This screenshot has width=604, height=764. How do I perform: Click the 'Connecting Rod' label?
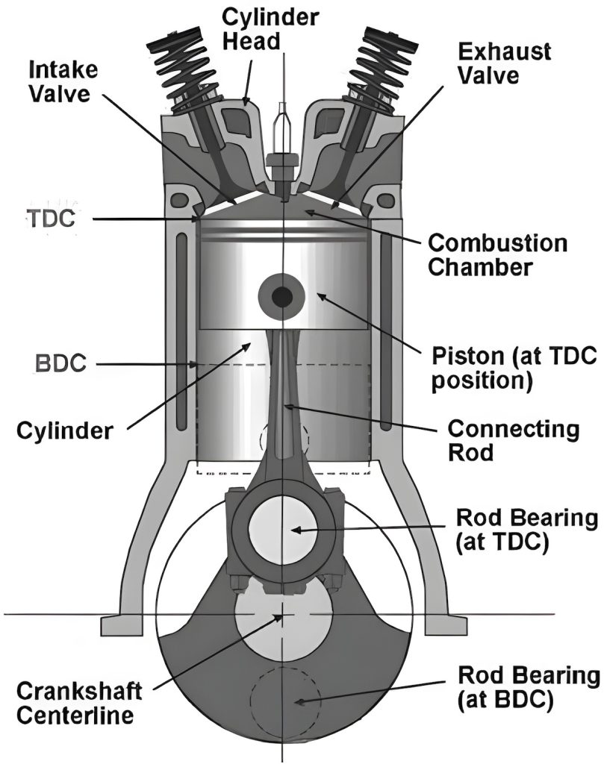(512, 440)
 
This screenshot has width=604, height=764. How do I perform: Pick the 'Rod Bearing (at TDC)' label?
(526, 530)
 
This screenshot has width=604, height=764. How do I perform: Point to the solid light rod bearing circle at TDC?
(283, 530)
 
